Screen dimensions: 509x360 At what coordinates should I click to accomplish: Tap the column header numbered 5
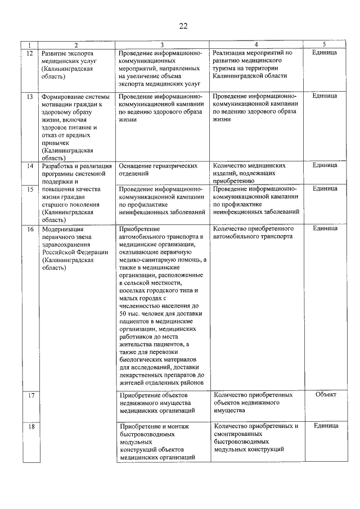point(324,44)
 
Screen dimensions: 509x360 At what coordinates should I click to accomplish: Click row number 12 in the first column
point(30,53)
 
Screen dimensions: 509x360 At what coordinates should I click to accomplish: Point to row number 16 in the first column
point(30,229)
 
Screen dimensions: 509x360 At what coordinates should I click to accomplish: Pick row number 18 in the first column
point(30,426)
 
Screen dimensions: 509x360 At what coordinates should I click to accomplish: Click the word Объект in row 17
point(326,394)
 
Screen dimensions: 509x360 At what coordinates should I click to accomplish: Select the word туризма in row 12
point(228,67)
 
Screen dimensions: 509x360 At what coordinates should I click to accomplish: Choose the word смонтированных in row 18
point(237,434)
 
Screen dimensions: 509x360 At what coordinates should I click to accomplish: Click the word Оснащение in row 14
point(136,166)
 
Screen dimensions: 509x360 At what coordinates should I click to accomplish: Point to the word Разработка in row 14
point(60,166)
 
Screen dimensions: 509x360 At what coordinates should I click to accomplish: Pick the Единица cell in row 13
point(325,96)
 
